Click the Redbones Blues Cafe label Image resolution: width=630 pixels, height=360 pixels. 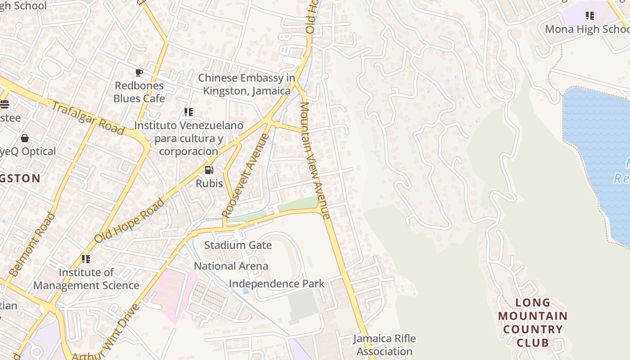point(139,92)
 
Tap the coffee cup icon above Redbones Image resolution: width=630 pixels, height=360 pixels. point(139,72)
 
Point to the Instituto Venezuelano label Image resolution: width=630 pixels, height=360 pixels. point(189,138)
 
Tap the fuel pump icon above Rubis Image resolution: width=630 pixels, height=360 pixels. point(209,170)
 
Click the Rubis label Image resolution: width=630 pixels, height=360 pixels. point(209,183)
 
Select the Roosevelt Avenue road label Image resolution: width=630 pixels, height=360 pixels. point(247,175)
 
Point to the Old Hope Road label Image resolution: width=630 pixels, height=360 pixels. point(129,220)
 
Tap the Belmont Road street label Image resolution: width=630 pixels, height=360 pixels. point(32,244)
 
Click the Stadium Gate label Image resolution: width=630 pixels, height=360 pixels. point(238,245)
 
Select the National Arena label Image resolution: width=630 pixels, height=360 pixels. point(231,266)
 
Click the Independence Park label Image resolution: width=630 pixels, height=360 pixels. point(277,284)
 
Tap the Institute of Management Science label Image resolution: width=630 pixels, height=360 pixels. point(86,279)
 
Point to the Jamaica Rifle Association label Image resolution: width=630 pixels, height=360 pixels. point(384,345)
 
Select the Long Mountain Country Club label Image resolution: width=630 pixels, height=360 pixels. point(533,322)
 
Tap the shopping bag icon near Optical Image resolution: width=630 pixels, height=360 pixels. point(25,138)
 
